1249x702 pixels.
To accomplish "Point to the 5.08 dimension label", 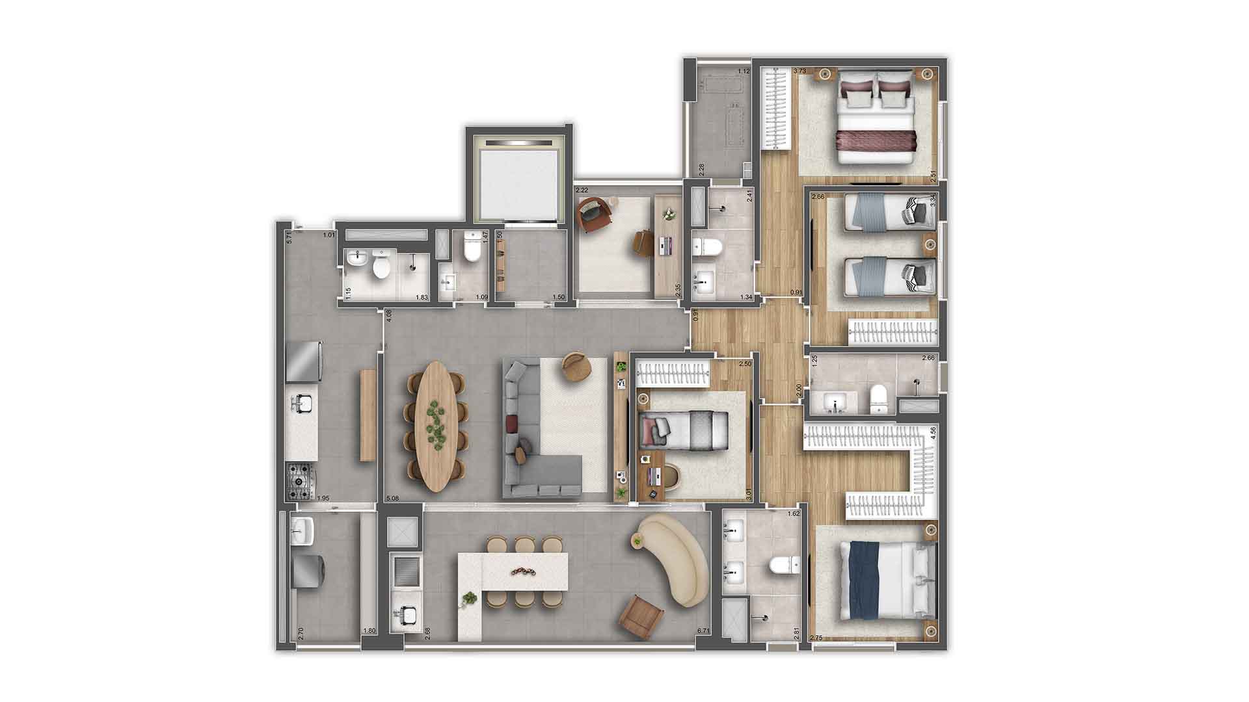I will pyautogui.click(x=393, y=499).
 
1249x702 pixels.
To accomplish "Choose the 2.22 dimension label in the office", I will pyautogui.click(x=582, y=190).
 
